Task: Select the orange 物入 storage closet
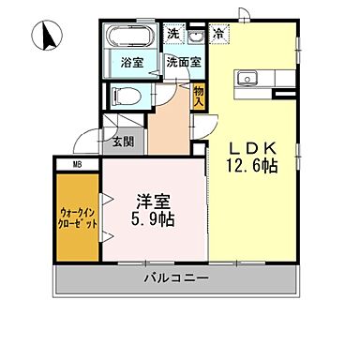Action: point(199,96)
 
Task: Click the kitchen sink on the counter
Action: point(250,78)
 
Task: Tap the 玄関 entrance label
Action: point(124,142)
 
